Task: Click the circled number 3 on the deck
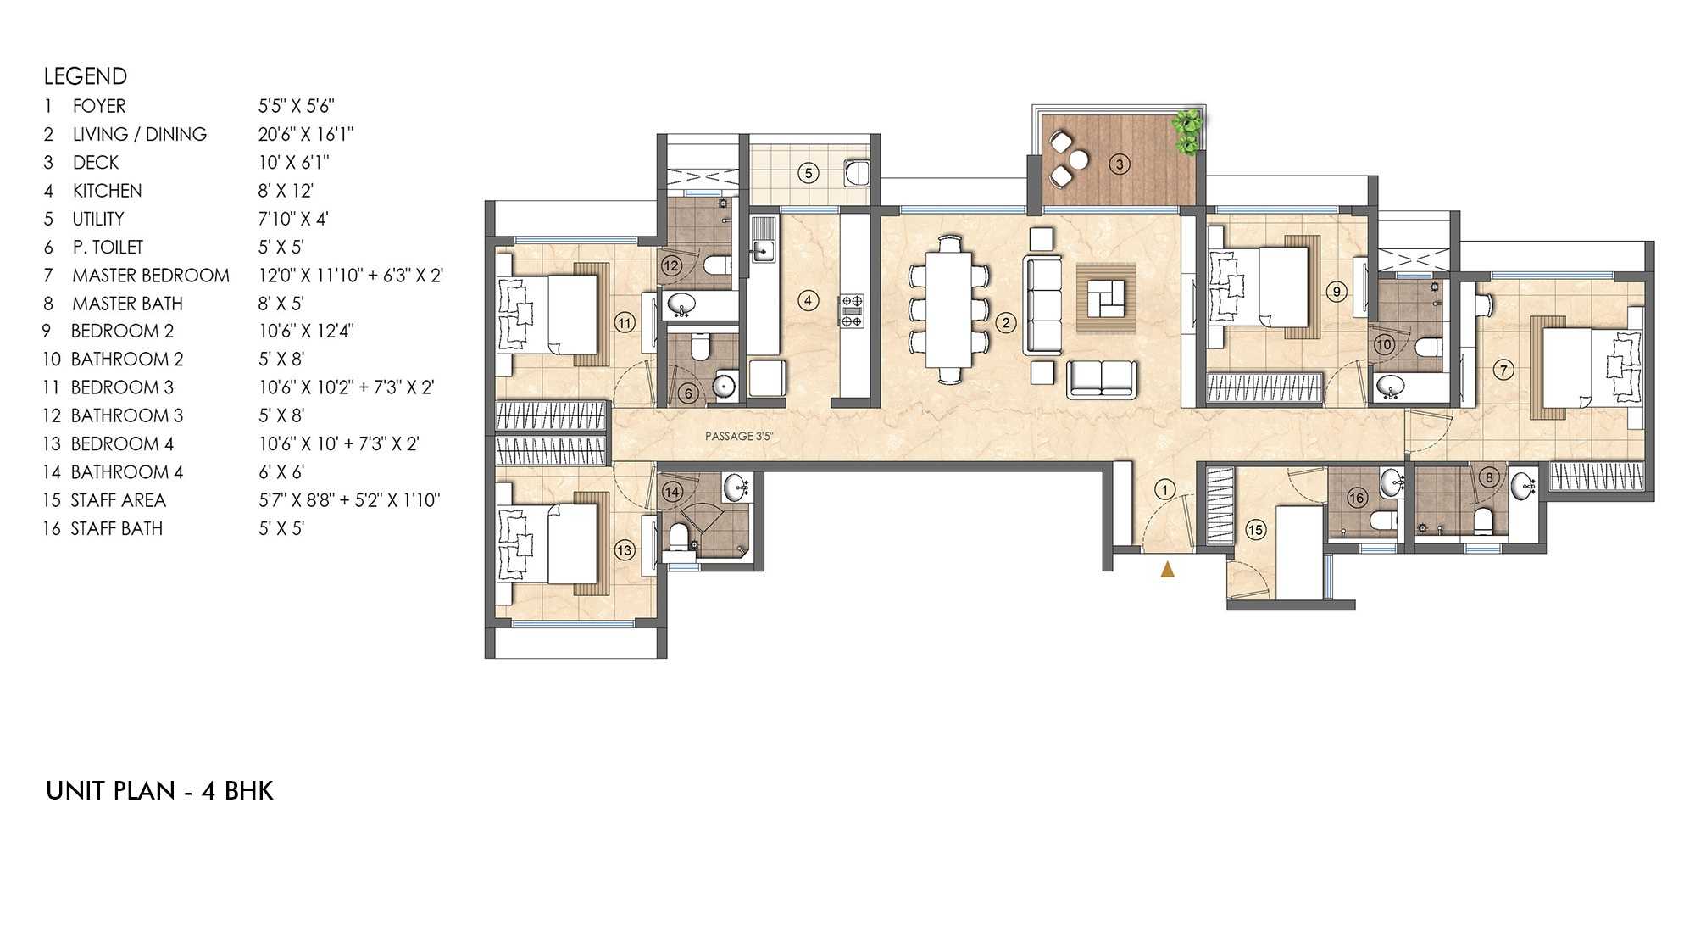(1120, 164)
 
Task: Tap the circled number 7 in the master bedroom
(1503, 370)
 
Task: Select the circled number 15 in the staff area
(1255, 530)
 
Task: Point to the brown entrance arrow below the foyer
(1167, 569)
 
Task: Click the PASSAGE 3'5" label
(739, 436)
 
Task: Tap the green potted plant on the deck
(1187, 131)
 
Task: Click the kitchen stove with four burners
(852, 310)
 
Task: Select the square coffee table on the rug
(1105, 298)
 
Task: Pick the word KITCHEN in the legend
(107, 191)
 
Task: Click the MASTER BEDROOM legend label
(151, 276)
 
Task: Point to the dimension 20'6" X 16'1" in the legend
(306, 134)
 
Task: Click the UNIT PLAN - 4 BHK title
(159, 791)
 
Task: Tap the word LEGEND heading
(86, 76)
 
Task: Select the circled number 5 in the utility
(809, 174)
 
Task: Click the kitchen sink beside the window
(763, 250)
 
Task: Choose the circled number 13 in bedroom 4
(624, 550)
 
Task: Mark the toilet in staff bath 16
(1382, 520)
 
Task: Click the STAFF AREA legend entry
(118, 500)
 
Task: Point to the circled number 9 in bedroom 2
(1337, 293)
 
